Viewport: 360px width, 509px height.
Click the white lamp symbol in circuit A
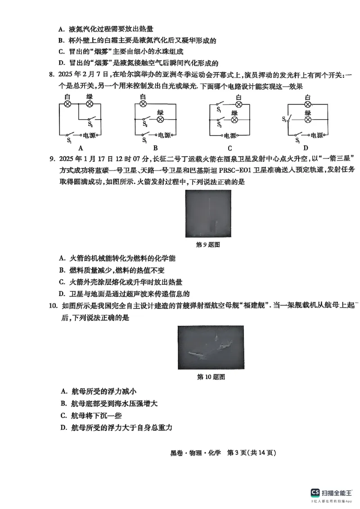tap(68, 103)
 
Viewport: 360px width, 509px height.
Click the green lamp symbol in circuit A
tap(89, 103)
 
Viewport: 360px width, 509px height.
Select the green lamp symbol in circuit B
tap(160, 120)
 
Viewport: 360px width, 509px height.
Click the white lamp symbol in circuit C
tap(238, 104)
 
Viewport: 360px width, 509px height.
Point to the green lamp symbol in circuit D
tap(308, 120)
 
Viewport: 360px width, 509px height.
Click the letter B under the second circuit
tap(155, 148)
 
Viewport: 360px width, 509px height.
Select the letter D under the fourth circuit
tap(306, 148)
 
